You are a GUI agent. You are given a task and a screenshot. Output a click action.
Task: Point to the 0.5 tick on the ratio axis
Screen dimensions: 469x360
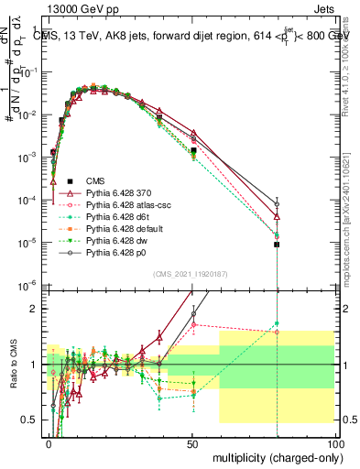click(x=30, y=420)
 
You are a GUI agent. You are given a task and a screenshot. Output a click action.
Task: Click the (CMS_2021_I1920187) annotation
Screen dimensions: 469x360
click(x=191, y=276)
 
